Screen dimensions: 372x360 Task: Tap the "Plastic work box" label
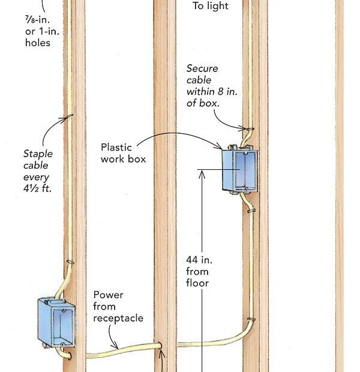click(123, 153)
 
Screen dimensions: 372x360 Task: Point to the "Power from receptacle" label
click(118, 306)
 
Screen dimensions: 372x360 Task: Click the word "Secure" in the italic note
click(202, 69)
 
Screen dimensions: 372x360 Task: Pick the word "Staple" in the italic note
click(38, 153)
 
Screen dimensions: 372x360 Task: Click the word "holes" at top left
click(38, 43)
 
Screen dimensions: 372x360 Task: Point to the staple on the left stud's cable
click(70, 262)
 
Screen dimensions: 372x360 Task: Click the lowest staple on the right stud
click(250, 319)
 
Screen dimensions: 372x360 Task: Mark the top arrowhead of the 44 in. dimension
click(203, 172)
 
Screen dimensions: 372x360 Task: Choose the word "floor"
click(197, 283)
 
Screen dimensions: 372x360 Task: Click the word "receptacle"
click(118, 317)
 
